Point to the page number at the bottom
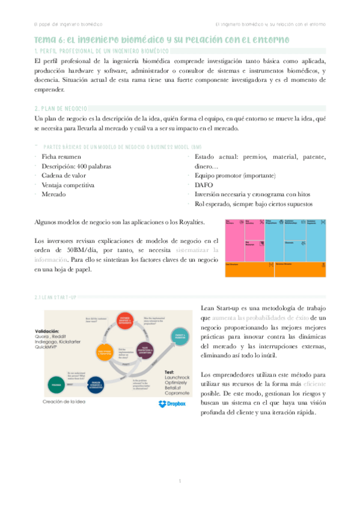pos(180,481)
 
